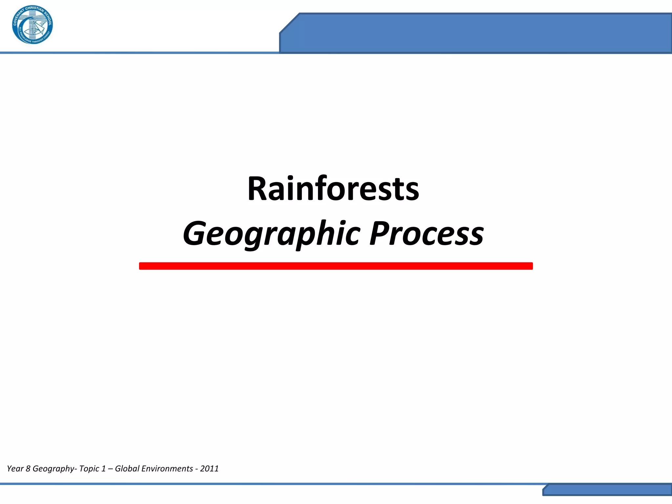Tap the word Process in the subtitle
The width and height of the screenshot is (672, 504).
[x=426, y=234]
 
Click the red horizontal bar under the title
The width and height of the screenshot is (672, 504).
[x=336, y=266]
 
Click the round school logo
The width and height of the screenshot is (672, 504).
[x=32, y=25]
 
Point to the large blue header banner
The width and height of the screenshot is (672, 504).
[x=476, y=33]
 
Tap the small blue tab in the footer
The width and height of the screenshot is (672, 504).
[x=607, y=490]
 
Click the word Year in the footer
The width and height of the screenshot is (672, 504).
[x=15, y=469]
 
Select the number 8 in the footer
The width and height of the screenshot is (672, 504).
[x=28, y=469]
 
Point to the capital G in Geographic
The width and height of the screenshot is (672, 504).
[x=195, y=234]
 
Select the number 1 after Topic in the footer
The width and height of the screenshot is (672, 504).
[x=103, y=469]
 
